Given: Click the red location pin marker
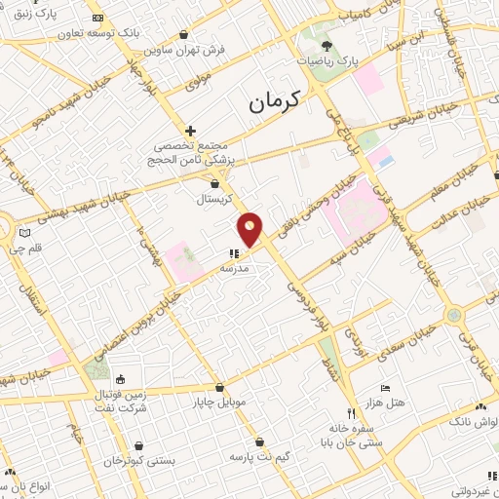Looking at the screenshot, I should click(250, 228).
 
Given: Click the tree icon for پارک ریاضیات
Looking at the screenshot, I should click(326, 45).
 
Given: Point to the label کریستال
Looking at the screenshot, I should click(213, 199).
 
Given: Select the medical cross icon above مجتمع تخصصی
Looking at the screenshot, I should click(190, 131).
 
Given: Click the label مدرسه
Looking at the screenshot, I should click(236, 267).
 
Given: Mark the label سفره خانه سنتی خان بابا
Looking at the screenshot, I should click(348, 435).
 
